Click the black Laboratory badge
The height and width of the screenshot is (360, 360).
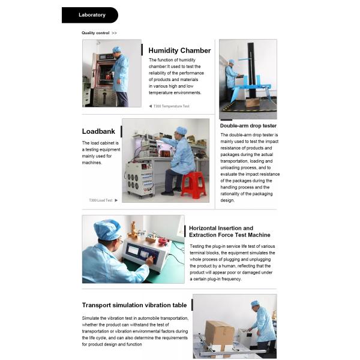(90, 15)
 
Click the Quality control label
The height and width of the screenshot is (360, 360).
(95, 33)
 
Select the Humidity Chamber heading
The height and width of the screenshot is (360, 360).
(179, 50)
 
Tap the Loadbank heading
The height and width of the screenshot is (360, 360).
(98, 131)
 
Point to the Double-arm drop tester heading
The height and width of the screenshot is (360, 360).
(248, 125)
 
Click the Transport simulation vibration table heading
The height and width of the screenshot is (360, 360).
(134, 305)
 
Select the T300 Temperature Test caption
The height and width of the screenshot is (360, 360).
(171, 106)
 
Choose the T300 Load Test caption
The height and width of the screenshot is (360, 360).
(101, 200)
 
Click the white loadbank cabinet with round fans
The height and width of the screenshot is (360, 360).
(139, 179)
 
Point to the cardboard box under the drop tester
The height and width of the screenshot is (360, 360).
(253, 102)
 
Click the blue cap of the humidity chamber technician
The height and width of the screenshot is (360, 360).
(117, 49)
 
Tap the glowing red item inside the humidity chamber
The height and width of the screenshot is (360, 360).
(109, 77)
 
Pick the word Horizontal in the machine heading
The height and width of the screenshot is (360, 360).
(202, 228)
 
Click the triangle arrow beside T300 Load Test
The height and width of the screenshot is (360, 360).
(116, 200)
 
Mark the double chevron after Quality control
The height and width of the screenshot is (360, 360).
(114, 33)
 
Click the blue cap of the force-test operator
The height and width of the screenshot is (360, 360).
(107, 230)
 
